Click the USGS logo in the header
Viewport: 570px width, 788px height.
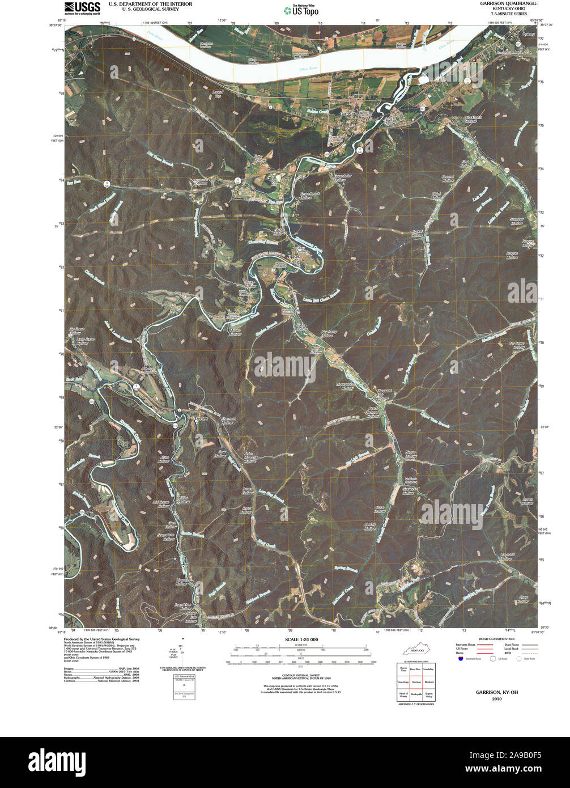82,7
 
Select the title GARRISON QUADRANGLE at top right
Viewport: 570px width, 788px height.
507,4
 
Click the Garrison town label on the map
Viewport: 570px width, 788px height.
347,113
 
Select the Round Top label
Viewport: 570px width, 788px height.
218,94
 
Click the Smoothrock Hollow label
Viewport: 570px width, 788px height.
306,196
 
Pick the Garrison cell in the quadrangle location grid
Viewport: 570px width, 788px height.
415,682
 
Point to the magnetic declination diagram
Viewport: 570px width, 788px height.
181,655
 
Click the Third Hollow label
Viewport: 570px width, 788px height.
436,196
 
